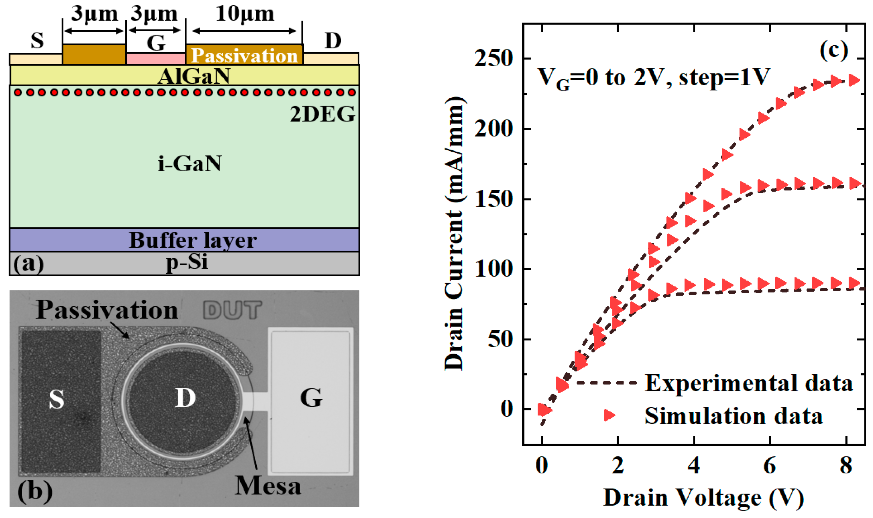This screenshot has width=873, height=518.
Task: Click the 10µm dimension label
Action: click(245, 14)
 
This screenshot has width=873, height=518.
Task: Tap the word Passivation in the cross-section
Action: click(244, 56)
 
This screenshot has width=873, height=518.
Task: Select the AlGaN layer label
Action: click(194, 76)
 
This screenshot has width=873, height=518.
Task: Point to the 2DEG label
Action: click(322, 114)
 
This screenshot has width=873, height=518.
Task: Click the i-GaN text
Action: click(190, 163)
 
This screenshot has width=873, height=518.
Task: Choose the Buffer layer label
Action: click(193, 240)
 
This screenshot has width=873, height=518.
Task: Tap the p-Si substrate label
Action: click(187, 262)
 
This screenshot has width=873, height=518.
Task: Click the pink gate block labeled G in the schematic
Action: click(156, 58)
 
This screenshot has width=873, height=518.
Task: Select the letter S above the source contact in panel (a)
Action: click(37, 41)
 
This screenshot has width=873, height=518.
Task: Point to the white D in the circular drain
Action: click(185, 397)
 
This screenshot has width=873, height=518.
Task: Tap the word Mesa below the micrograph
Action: click(268, 486)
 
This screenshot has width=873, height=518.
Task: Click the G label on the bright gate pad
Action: click(311, 397)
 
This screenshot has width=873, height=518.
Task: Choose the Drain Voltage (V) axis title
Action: click(704, 498)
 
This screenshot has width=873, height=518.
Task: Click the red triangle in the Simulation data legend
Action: click(609, 415)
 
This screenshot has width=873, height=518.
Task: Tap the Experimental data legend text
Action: click(748, 383)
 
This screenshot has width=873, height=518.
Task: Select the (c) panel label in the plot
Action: click(834, 51)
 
